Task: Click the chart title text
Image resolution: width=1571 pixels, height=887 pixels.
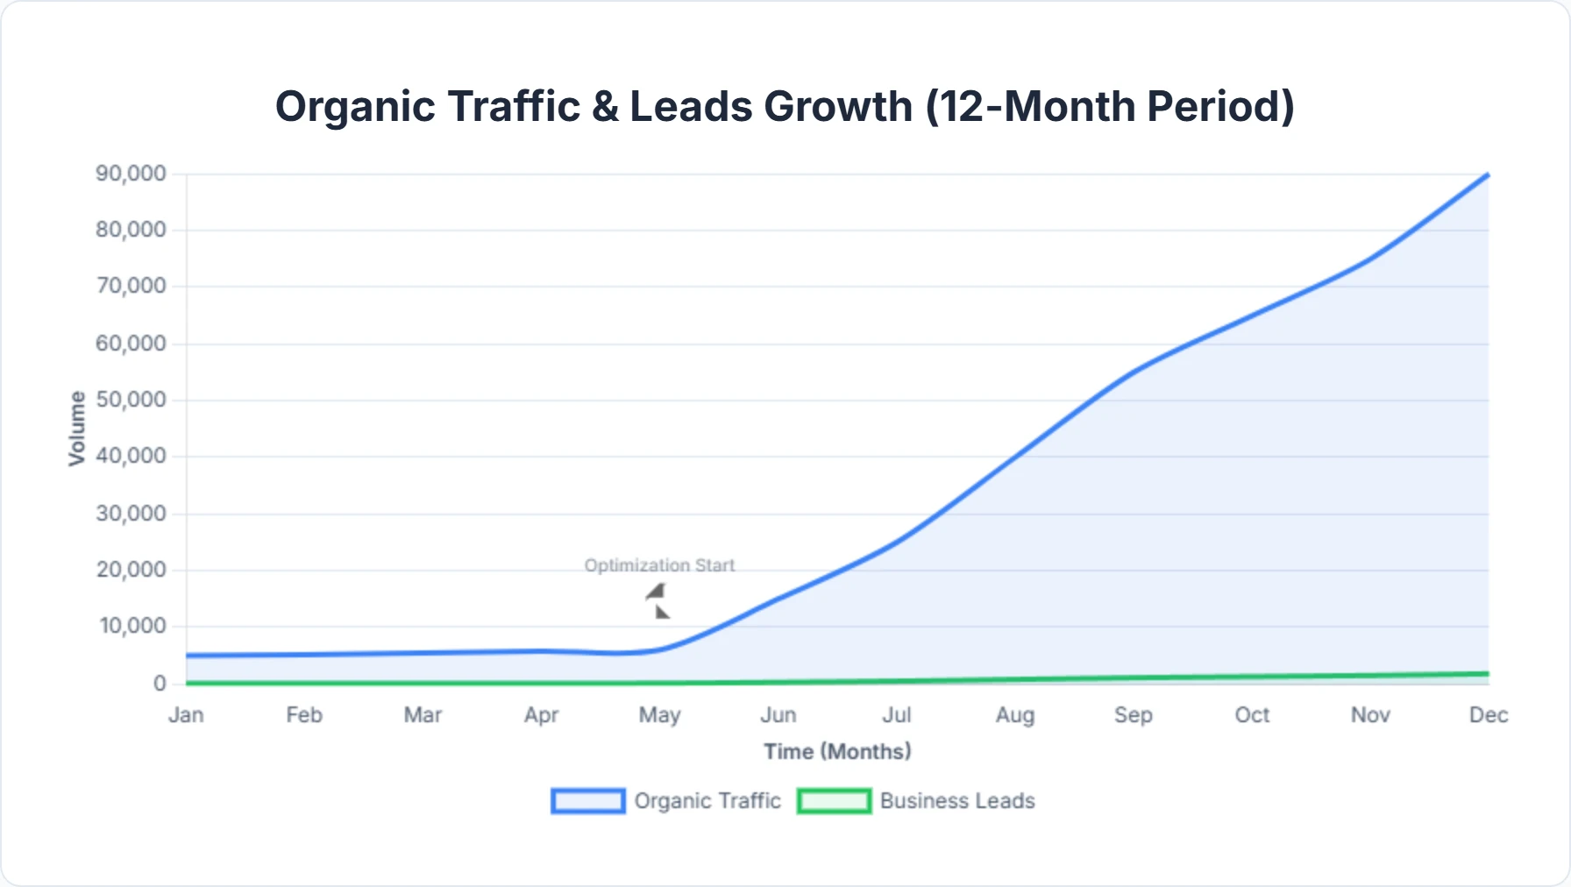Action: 785,107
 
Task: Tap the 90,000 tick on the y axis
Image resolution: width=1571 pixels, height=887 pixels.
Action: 131,174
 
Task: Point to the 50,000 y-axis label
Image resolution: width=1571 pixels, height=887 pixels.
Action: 131,400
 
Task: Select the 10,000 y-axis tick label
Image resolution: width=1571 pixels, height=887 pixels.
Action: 132,626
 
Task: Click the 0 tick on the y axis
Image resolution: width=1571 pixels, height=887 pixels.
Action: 160,684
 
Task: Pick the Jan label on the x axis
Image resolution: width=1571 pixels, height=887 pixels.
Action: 186,715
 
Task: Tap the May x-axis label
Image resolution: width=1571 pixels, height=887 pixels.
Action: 659,715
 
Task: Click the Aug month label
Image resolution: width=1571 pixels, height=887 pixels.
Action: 1014,715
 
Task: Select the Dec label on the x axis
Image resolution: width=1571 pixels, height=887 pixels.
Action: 1488,715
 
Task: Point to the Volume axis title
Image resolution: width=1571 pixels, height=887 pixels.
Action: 77,428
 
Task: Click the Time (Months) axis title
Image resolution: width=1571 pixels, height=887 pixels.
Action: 837,751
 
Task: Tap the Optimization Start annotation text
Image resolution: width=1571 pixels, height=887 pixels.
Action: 659,565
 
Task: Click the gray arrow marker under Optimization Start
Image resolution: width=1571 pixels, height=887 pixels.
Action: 658,601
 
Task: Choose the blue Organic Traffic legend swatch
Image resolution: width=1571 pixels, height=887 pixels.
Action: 587,801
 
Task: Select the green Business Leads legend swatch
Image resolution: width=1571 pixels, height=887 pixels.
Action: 834,801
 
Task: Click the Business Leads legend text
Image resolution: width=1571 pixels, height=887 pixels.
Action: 957,801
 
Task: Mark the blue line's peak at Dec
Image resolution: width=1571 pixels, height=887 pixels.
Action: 1487,175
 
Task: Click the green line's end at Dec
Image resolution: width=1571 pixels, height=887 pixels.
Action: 1487,674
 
